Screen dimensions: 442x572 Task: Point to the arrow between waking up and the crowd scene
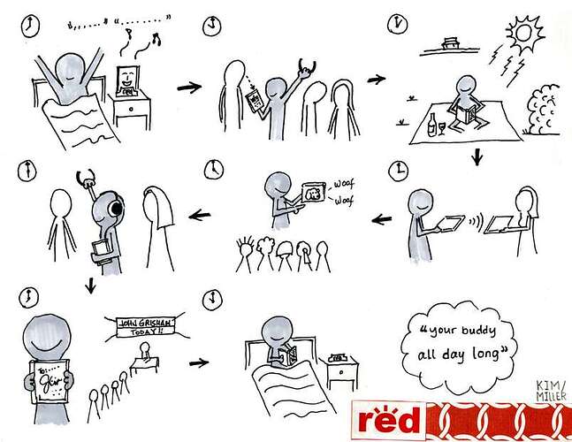point(187,88)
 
